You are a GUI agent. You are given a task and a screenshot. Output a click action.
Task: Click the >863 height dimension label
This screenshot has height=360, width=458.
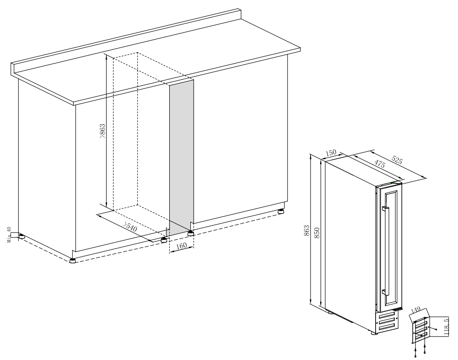point(102,131)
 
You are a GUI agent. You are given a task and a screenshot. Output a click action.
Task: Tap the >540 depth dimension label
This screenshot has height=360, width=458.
point(130,227)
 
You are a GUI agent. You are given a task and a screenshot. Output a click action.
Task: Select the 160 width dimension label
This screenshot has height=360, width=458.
point(181,246)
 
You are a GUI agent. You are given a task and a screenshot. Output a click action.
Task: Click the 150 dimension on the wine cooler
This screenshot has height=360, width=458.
point(331,153)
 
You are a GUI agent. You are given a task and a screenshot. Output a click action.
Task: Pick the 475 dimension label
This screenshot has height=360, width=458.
point(379,164)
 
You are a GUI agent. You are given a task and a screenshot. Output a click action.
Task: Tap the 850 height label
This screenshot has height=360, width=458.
point(317,232)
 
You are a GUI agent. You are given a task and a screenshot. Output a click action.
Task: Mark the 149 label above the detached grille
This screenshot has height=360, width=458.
point(415,309)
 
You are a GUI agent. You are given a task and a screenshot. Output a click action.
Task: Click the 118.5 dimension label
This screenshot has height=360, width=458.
point(446,327)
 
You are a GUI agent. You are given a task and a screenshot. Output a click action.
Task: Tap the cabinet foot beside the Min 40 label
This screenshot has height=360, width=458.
point(21,236)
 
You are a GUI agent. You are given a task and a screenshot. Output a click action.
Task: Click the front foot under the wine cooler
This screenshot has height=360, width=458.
point(374,333)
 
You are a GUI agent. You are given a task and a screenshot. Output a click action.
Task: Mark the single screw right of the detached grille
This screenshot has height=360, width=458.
point(435,330)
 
